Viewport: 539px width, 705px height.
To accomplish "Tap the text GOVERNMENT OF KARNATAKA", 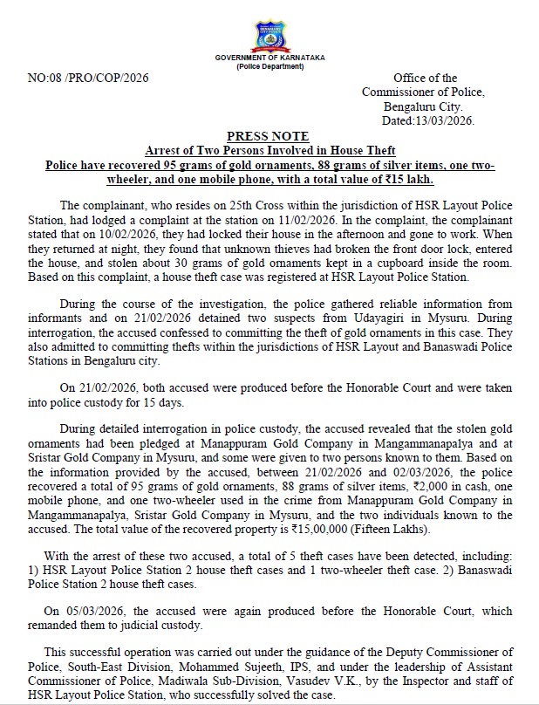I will click(269, 58).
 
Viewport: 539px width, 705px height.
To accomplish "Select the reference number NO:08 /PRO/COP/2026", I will click(88, 78).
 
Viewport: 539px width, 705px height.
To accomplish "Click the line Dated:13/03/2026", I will click(430, 121).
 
